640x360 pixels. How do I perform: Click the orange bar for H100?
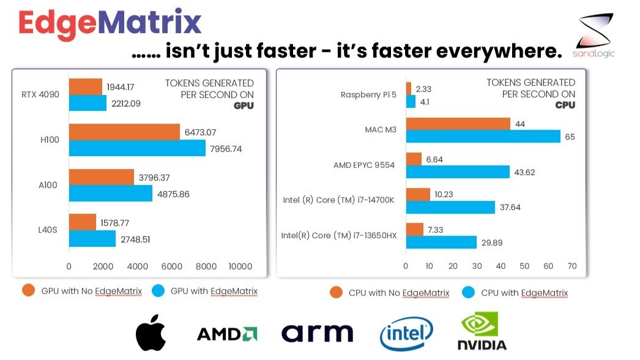click(x=124, y=132)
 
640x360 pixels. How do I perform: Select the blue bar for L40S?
click(x=92, y=239)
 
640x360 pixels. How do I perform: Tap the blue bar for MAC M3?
click(x=483, y=137)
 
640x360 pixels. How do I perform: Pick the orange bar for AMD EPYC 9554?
click(x=414, y=159)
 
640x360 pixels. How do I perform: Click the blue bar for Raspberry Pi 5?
click(x=411, y=102)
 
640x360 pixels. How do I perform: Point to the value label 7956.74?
click(x=226, y=149)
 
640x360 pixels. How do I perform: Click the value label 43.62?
click(x=524, y=173)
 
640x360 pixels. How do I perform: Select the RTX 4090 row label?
click(x=40, y=94)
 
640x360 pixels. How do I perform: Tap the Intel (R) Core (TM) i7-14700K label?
click(x=339, y=200)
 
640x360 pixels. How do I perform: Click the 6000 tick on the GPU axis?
click(x=172, y=266)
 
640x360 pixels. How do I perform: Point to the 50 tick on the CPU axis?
click(x=524, y=266)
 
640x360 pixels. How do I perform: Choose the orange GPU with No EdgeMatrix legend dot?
click(x=28, y=291)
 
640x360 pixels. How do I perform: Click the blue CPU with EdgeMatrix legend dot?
click(x=468, y=292)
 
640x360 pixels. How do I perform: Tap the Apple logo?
click(x=151, y=332)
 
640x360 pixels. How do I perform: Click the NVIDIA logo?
click(x=482, y=331)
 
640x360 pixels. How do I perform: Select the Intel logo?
click(x=406, y=334)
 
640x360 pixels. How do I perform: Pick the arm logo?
click(x=317, y=333)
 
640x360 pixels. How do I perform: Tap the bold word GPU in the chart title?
click(x=244, y=106)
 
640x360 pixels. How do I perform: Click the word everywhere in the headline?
click(x=499, y=51)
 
